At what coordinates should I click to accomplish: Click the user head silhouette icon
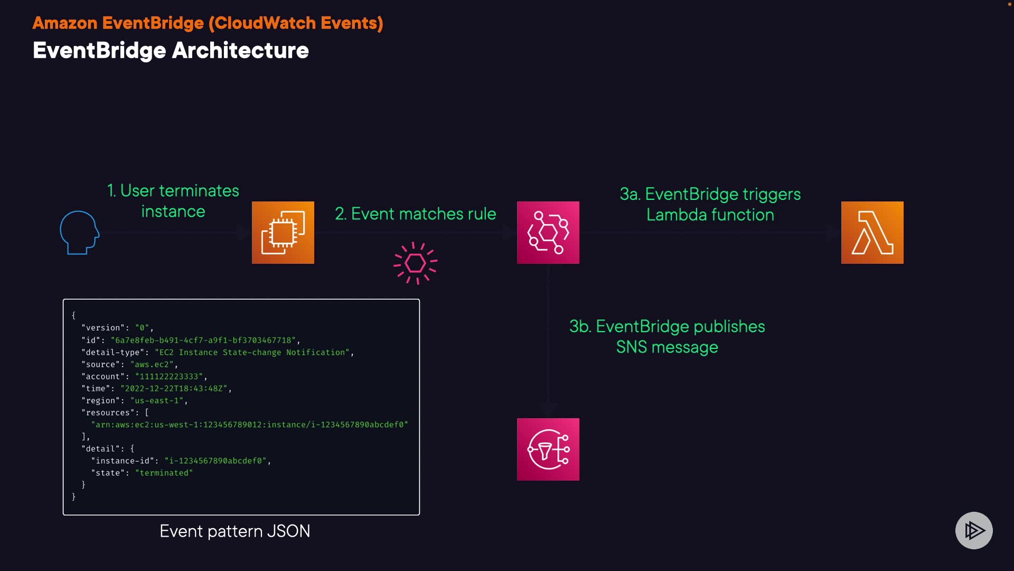(79, 233)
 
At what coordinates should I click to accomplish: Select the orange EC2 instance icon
(283, 233)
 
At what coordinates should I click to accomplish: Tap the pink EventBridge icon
(548, 233)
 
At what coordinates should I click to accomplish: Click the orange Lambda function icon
(872, 233)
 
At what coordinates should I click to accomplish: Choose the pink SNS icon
(548, 449)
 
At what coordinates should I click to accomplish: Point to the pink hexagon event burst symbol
(416, 263)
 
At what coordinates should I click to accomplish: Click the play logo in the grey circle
(974, 530)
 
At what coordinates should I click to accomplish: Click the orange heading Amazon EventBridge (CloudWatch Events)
(208, 23)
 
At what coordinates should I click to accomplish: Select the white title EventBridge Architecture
(171, 51)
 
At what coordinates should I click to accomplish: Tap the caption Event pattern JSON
(235, 531)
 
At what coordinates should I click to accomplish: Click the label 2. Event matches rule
(416, 214)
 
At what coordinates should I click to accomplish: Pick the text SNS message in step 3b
(667, 347)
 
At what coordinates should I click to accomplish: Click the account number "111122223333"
(169, 376)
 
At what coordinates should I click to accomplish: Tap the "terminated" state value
(164, 473)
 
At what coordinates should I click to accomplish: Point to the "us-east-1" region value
(156, 400)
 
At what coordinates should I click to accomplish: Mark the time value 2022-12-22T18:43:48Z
(174, 389)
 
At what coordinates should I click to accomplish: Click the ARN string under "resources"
(249, 425)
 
